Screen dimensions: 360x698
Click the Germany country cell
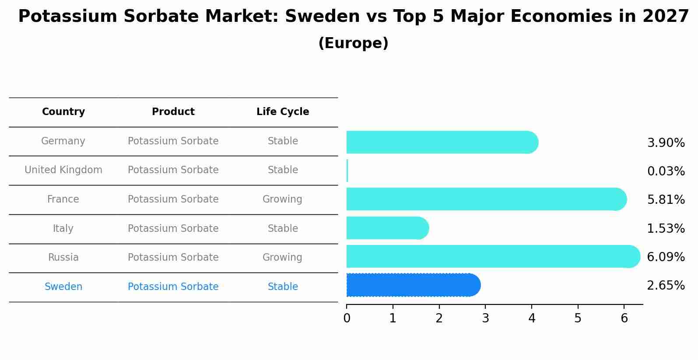pyautogui.click(x=63, y=141)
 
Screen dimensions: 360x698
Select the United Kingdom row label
pyautogui.click(x=63, y=170)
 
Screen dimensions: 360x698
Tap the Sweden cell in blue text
pyautogui.click(x=63, y=287)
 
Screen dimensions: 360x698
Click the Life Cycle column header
pyautogui.click(x=283, y=112)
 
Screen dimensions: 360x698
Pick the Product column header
pyautogui.click(x=173, y=112)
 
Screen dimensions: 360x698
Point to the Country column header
pyautogui.click(x=63, y=112)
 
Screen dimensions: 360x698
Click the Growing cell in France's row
pyautogui.click(x=282, y=199)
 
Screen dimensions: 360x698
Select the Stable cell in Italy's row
pyautogui.click(x=283, y=229)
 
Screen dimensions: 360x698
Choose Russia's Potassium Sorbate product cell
pyautogui.click(x=173, y=258)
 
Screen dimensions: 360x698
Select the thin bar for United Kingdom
pyautogui.click(x=347, y=171)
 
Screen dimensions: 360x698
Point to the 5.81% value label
pyautogui.click(x=666, y=200)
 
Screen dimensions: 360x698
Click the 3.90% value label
pyautogui.click(x=666, y=143)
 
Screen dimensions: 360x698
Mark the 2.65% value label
pyautogui.click(x=666, y=286)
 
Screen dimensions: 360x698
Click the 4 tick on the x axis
pyautogui.click(x=532, y=318)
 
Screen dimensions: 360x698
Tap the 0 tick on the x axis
pyautogui.click(x=347, y=318)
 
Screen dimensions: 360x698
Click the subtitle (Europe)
pyautogui.click(x=353, y=43)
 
